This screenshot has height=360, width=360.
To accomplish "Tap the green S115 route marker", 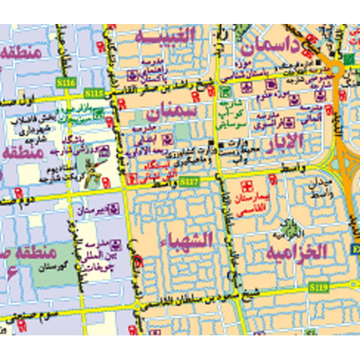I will tap(95, 93).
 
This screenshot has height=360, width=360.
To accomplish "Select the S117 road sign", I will tap(188, 181).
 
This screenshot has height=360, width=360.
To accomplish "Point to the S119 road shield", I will tap(318, 289).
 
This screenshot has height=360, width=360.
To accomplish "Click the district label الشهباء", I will tap(186, 241).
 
